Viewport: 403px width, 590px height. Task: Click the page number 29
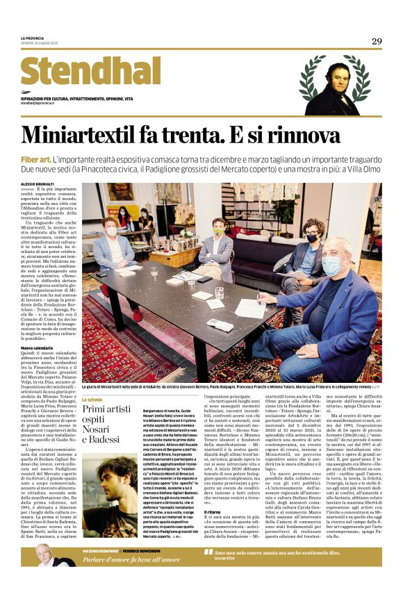pos(377,41)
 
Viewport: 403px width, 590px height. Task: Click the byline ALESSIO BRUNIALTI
pos(40,183)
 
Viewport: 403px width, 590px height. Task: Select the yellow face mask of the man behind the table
pos(219,233)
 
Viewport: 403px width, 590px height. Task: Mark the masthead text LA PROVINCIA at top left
pos(32,38)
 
